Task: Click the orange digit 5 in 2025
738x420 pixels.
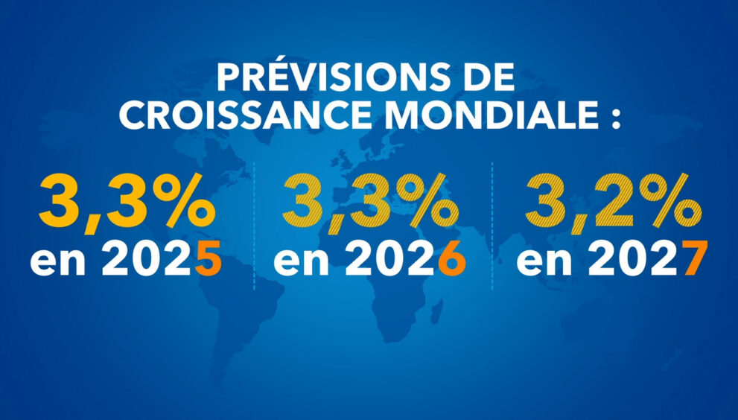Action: pos(209,261)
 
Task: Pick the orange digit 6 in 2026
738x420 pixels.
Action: pos(452,261)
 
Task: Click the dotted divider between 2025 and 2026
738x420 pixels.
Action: pos(254,223)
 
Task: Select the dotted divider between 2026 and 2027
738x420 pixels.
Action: pos(492,223)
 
